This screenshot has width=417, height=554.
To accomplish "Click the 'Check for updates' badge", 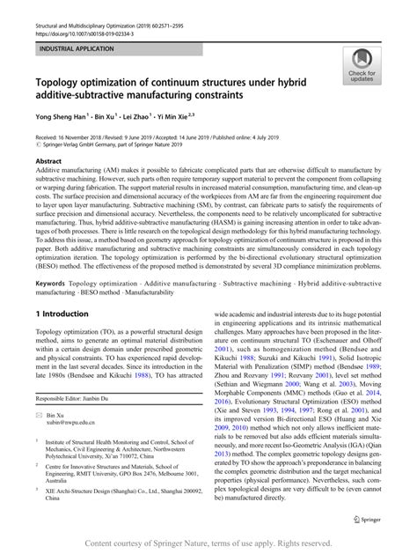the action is (362, 64).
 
